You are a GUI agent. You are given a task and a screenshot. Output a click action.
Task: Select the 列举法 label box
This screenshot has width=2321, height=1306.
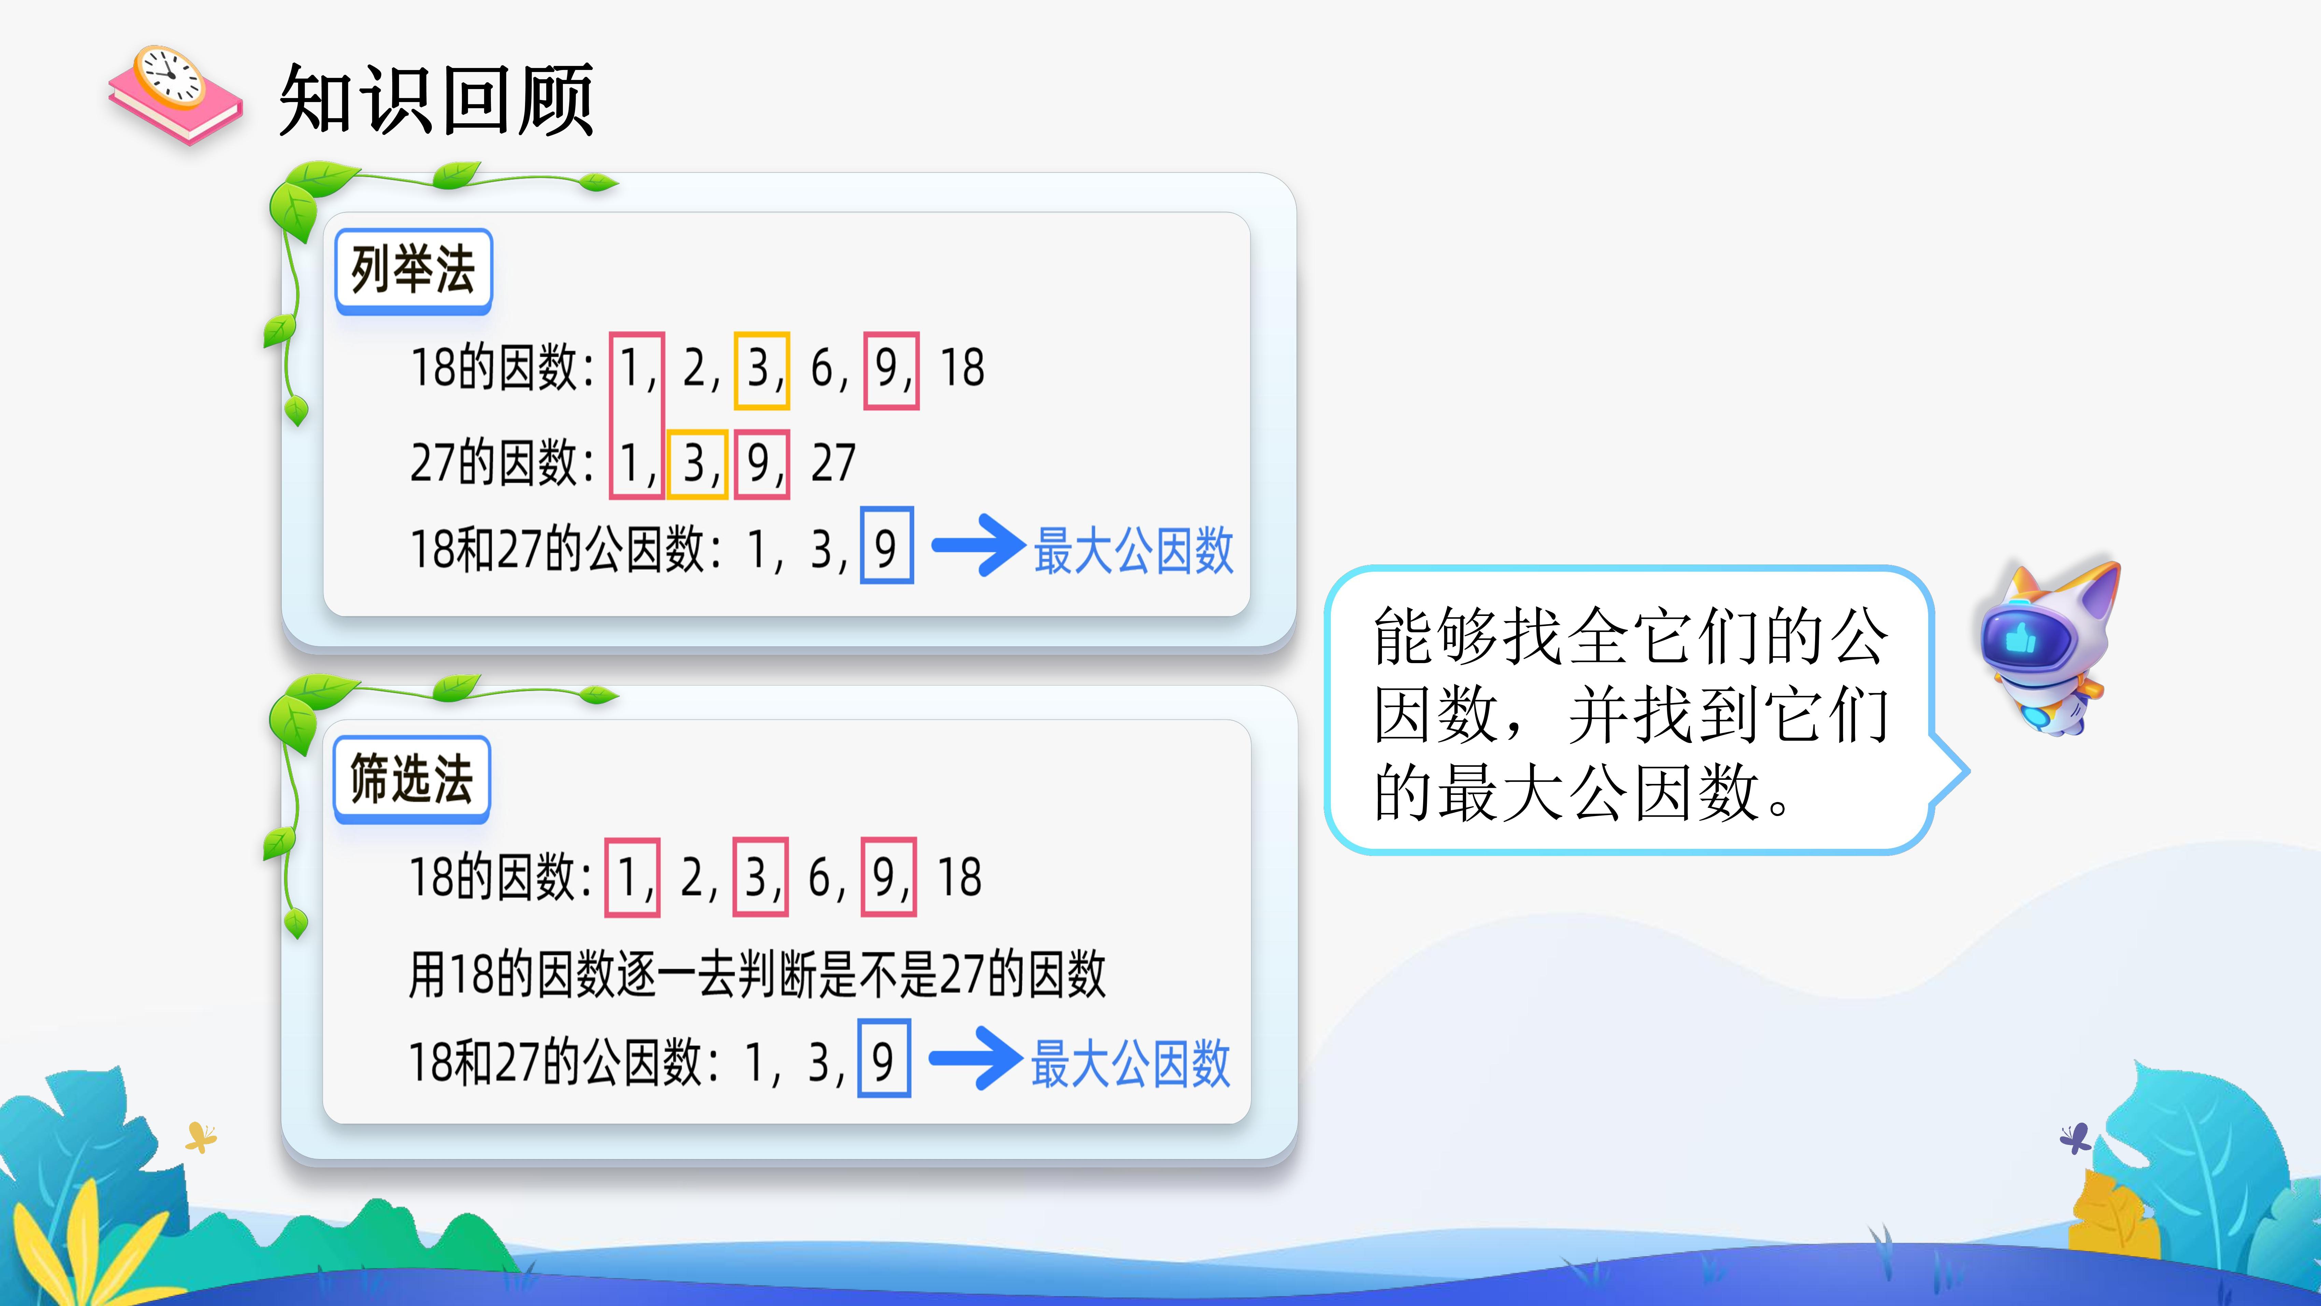point(413,270)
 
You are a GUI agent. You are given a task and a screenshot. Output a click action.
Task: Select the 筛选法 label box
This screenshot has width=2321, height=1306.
point(412,779)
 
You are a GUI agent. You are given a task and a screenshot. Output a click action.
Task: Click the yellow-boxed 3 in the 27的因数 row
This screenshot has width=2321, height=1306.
point(696,464)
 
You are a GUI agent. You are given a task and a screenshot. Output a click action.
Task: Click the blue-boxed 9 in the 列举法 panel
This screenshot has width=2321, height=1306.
point(887,545)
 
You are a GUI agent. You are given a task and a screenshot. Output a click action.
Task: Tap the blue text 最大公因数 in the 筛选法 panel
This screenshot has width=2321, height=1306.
point(1131,1064)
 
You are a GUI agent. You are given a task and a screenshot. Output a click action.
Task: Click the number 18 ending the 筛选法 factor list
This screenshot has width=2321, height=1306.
point(960,877)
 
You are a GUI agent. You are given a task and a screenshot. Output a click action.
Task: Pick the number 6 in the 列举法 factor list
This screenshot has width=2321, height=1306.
point(822,369)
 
